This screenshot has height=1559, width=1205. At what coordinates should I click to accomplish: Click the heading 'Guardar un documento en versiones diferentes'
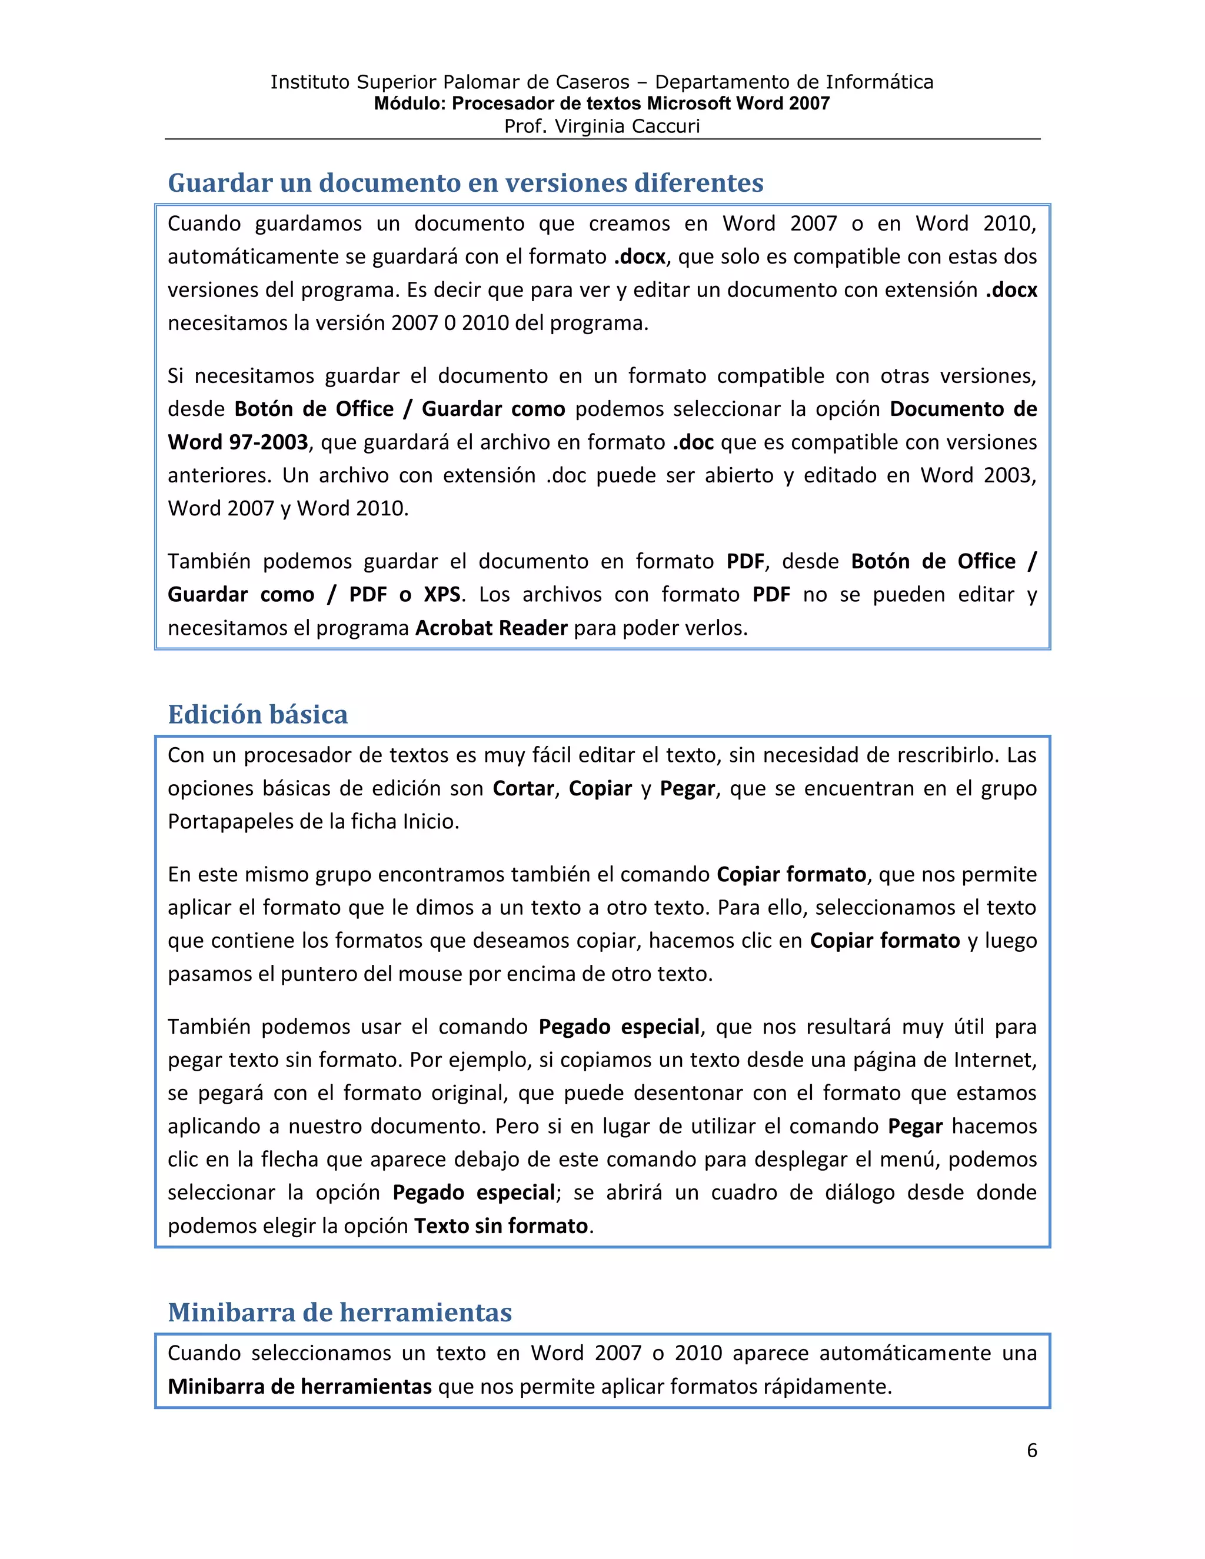(x=465, y=183)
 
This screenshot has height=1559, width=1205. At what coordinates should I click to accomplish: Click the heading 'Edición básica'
(x=258, y=715)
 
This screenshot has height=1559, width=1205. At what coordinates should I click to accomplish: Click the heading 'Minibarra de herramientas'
(x=340, y=1312)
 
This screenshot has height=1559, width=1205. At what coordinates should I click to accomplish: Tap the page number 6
(x=1031, y=1451)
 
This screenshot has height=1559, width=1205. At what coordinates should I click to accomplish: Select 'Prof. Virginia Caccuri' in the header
(x=602, y=126)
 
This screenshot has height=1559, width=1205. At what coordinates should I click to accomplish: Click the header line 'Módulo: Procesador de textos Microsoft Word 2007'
(x=602, y=104)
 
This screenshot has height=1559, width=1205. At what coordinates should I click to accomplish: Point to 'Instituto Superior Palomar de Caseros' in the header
(x=450, y=82)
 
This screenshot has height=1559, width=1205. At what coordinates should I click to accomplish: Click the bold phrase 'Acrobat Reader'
(x=491, y=628)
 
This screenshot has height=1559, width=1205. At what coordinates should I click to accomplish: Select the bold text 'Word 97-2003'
(x=238, y=442)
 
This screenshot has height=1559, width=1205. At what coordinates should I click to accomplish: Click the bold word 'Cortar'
(x=523, y=789)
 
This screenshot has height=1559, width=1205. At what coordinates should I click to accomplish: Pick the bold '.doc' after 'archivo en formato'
(x=693, y=442)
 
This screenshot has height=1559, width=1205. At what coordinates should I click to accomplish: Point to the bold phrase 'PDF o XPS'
(x=405, y=595)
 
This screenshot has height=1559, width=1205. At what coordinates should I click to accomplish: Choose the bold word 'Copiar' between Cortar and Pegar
(x=600, y=789)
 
